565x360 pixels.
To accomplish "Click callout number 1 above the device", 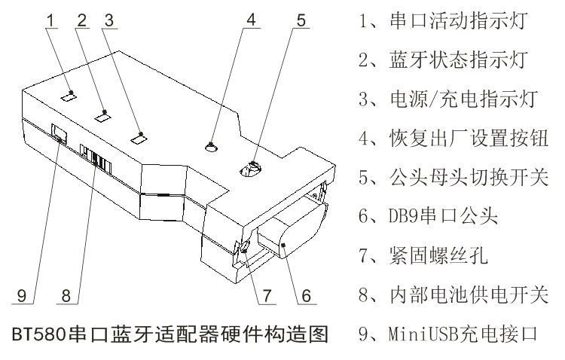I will click(x=50, y=20).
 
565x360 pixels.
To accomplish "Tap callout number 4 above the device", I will click(x=252, y=20).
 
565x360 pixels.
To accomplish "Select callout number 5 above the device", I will click(x=301, y=20).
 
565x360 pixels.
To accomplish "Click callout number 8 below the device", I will click(x=67, y=295).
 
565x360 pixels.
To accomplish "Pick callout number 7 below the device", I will click(x=266, y=295).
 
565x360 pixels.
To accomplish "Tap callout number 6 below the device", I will click(x=306, y=295).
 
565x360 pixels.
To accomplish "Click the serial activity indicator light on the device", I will click(x=69, y=96).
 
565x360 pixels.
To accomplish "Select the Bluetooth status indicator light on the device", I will click(x=103, y=116).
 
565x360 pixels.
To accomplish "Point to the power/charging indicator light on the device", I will click(x=138, y=137).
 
